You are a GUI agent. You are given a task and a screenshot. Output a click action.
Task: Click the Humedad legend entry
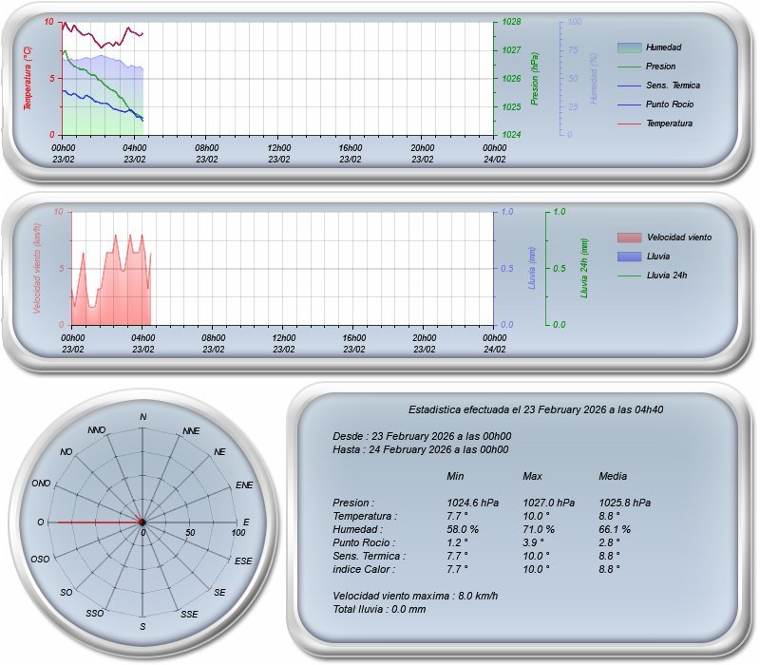(x=663, y=47)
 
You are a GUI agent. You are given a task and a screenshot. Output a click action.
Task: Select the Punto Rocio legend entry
(x=669, y=104)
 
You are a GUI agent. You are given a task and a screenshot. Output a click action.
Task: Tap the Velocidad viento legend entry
(x=678, y=237)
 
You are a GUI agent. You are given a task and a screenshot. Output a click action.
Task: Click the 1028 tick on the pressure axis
(x=511, y=21)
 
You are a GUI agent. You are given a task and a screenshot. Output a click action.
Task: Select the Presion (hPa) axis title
(x=536, y=78)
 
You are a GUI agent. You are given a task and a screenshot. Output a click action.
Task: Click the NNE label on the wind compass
(x=191, y=430)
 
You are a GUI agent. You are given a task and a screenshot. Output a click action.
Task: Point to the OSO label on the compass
(x=40, y=560)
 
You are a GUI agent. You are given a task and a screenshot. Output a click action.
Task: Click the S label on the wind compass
(x=142, y=627)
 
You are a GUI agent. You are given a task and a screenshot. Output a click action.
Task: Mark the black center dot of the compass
(x=142, y=522)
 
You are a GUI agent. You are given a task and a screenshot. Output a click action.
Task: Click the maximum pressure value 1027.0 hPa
(x=548, y=503)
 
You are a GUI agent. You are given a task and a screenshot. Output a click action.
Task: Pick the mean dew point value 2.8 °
(x=609, y=542)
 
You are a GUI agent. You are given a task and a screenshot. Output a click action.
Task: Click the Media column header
(x=613, y=476)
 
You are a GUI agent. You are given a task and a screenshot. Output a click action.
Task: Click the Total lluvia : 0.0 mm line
(x=379, y=609)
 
